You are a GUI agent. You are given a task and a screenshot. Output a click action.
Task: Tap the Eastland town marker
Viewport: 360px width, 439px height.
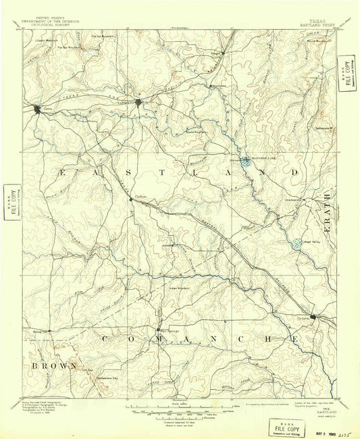pos(138,103)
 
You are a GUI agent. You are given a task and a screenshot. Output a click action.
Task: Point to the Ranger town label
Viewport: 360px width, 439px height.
pos(216,52)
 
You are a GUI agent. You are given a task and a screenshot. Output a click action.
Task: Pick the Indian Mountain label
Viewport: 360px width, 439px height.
pos(178,287)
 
